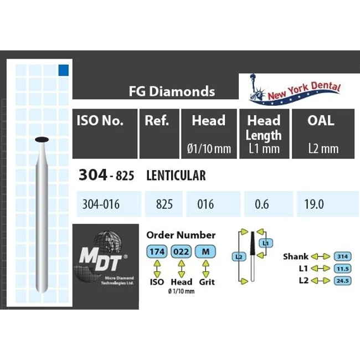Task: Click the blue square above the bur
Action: point(63,70)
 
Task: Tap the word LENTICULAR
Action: point(176,176)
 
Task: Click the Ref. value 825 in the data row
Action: point(164,204)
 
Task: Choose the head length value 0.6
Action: point(262,204)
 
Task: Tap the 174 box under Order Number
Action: point(157,252)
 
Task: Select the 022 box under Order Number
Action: point(182,252)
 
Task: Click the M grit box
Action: point(205,252)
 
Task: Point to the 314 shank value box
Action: point(341,256)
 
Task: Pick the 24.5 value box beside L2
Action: point(341,281)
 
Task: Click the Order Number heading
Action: point(180,235)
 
